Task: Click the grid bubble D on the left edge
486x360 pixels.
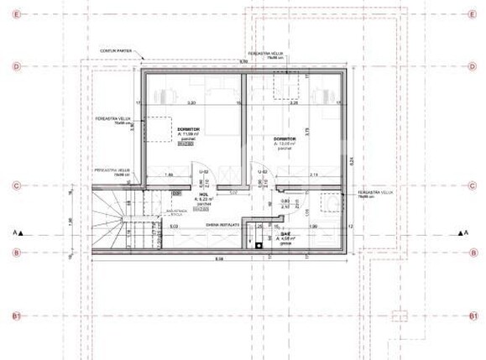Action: (15, 65)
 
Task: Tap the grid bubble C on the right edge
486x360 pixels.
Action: (469, 185)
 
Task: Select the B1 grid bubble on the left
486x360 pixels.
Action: (15, 316)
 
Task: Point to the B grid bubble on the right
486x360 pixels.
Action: (469, 252)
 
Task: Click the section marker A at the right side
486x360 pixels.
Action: (460, 233)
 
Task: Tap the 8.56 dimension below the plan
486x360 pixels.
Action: (219, 258)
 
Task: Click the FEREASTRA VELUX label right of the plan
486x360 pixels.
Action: (376, 193)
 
